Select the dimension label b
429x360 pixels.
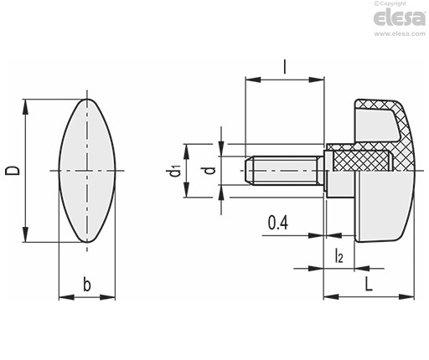(87, 285)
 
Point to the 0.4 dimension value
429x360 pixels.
(278, 223)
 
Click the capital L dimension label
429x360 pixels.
(369, 285)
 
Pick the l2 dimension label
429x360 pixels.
(339, 256)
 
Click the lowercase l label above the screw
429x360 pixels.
(285, 67)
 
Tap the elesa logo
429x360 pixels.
(400, 18)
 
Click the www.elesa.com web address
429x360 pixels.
(400, 33)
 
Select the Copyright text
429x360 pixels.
(390, 3)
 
